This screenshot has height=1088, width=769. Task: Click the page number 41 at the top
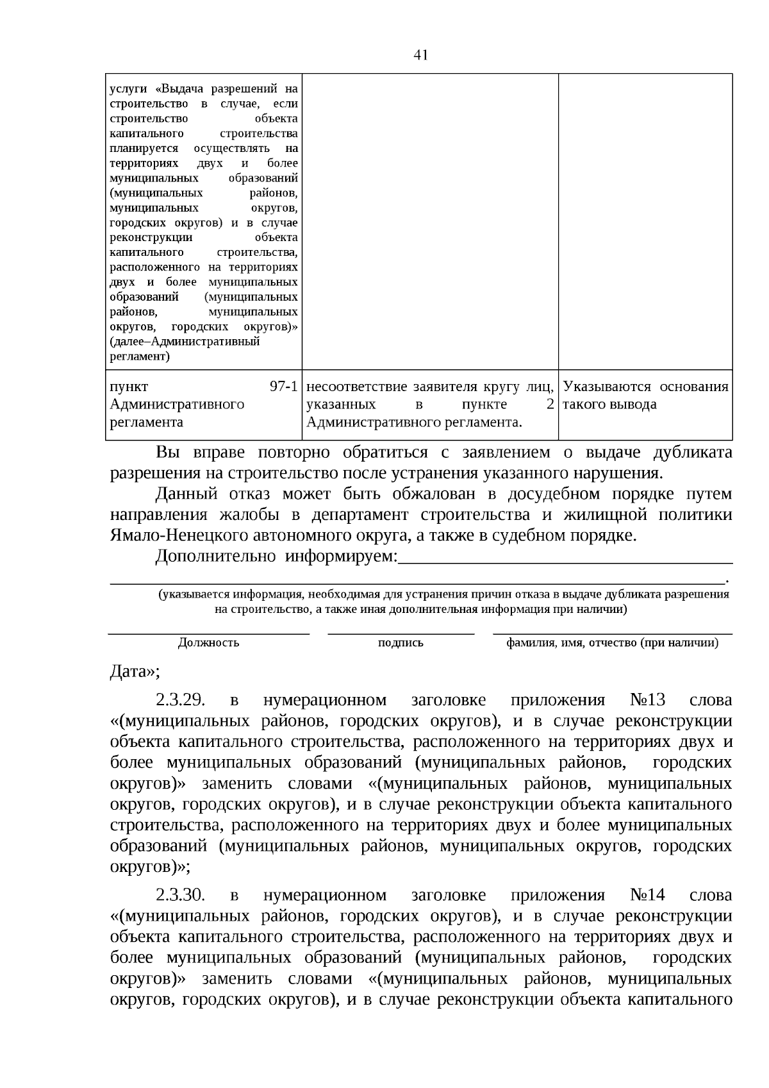click(x=420, y=54)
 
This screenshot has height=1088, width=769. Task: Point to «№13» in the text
click(x=648, y=699)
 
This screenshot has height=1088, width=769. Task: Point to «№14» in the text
click(x=648, y=894)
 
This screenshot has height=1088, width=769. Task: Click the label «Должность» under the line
click(x=208, y=643)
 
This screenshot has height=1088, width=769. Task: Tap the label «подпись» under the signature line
click(x=401, y=643)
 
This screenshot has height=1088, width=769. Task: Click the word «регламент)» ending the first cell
click(x=140, y=356)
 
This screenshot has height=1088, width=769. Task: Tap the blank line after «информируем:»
click(x=564, y=562)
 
